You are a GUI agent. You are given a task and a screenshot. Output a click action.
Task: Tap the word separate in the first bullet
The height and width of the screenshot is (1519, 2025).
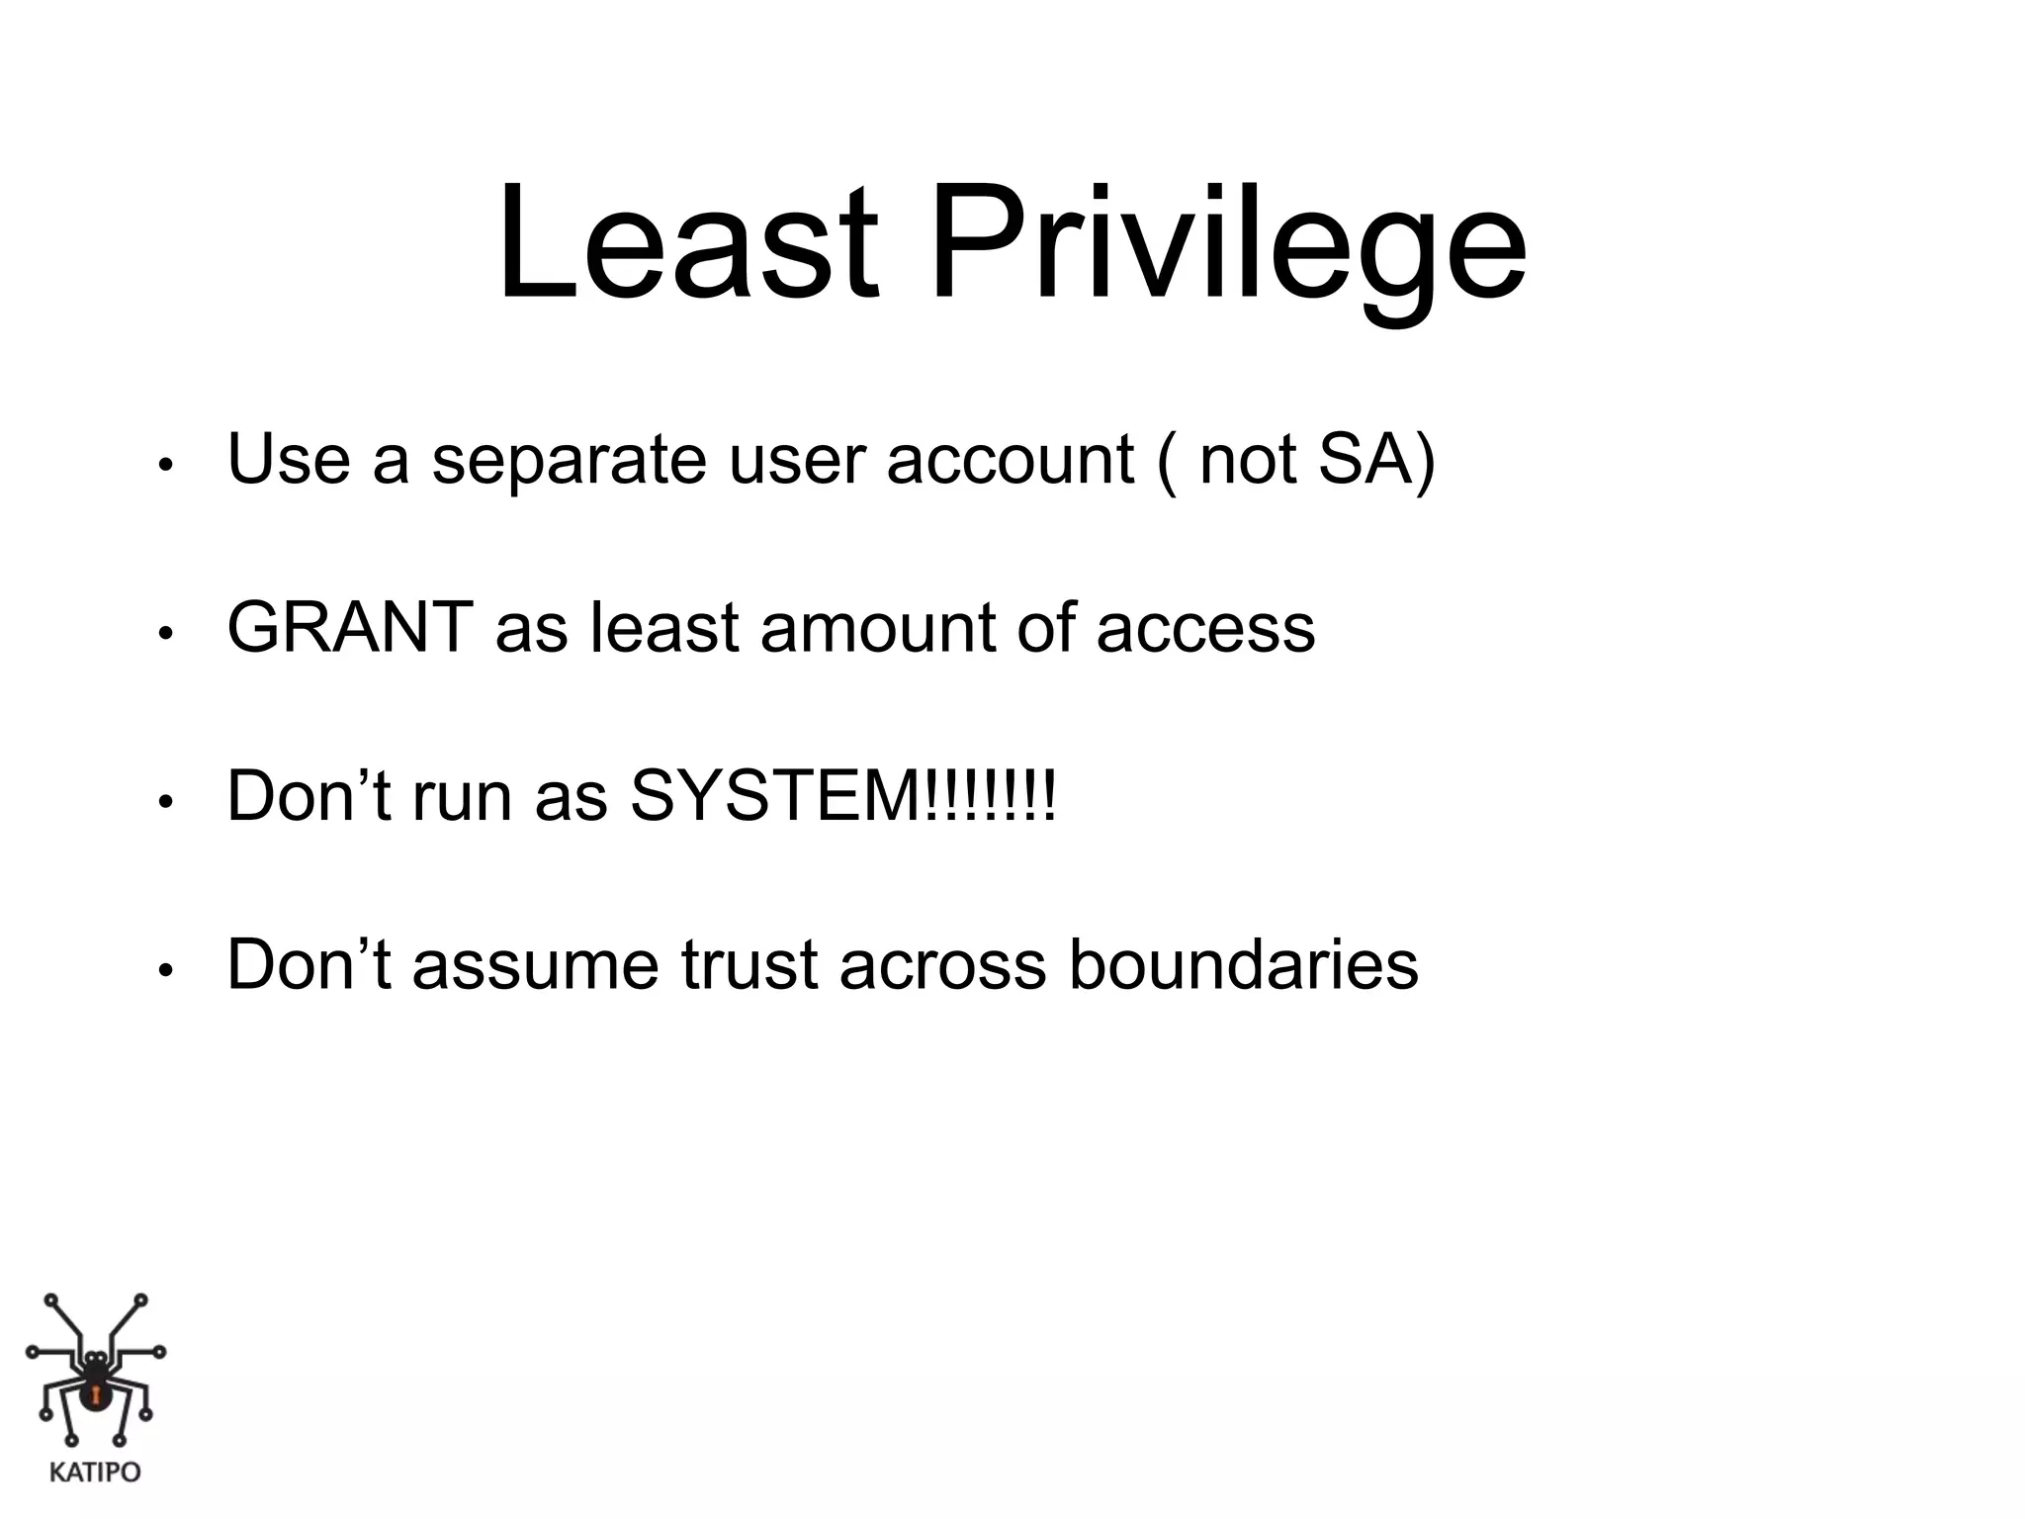569,461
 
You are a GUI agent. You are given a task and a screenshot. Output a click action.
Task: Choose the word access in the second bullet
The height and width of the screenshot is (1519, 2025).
1205,629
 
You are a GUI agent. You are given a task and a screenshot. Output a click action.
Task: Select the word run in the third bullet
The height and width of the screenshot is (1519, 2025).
462,797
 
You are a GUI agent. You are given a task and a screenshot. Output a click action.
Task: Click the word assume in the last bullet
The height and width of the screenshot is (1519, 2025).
535,965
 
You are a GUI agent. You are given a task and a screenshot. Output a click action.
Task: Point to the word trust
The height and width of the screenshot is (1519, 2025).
748,965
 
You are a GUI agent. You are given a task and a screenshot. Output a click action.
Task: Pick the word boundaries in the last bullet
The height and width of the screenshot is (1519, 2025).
1243,965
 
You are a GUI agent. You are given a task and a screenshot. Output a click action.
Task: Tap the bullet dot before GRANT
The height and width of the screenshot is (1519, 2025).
165,634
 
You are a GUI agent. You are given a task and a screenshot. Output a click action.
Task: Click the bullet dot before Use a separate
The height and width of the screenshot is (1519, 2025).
165,466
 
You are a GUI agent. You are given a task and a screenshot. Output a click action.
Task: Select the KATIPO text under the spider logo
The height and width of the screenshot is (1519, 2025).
95,1473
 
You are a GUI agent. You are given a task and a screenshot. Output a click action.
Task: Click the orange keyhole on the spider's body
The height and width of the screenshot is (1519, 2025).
96,1395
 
